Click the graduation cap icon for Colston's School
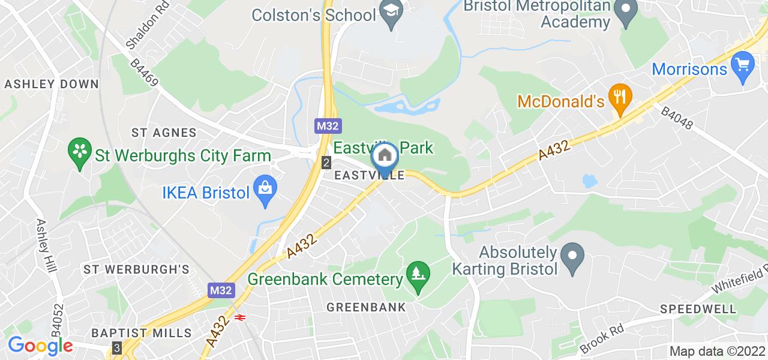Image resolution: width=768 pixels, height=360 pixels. [392, 13]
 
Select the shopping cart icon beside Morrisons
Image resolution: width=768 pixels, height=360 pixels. [743, 62]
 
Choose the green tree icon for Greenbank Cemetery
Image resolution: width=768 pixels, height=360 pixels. [418, 274]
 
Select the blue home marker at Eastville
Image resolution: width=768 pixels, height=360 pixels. [382, 156]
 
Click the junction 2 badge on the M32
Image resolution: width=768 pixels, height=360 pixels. [326, 163]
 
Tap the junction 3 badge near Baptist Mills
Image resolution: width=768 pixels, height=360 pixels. [116, 347]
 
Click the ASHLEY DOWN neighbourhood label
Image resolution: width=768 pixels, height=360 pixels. [51, 85]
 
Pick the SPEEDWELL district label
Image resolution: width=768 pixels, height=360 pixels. [698, 310]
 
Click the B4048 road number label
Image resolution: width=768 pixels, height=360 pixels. [677, 118]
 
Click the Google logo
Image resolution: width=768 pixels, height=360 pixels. [40, 346]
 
